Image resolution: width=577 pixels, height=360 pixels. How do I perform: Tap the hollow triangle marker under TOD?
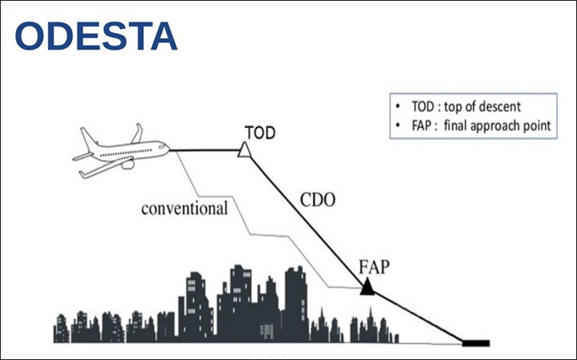[x=245, y=148]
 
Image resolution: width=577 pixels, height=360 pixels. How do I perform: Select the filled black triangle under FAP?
[x=367, y=288]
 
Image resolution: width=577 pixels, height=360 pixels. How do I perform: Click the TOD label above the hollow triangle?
[x=260, y=133]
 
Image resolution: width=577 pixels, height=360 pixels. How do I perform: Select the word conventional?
[x=184, y=209]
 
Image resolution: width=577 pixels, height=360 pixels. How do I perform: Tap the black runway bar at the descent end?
[x=477, y=342]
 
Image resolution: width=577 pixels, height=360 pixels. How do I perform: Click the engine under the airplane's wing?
[x=128, y=164]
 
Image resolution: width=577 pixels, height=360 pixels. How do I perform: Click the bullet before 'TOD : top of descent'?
[x=399, y=108]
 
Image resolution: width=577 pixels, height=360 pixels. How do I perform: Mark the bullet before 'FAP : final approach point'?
[x=399, y=125]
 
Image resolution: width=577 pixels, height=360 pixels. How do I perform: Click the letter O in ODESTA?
[x=32, y=37]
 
